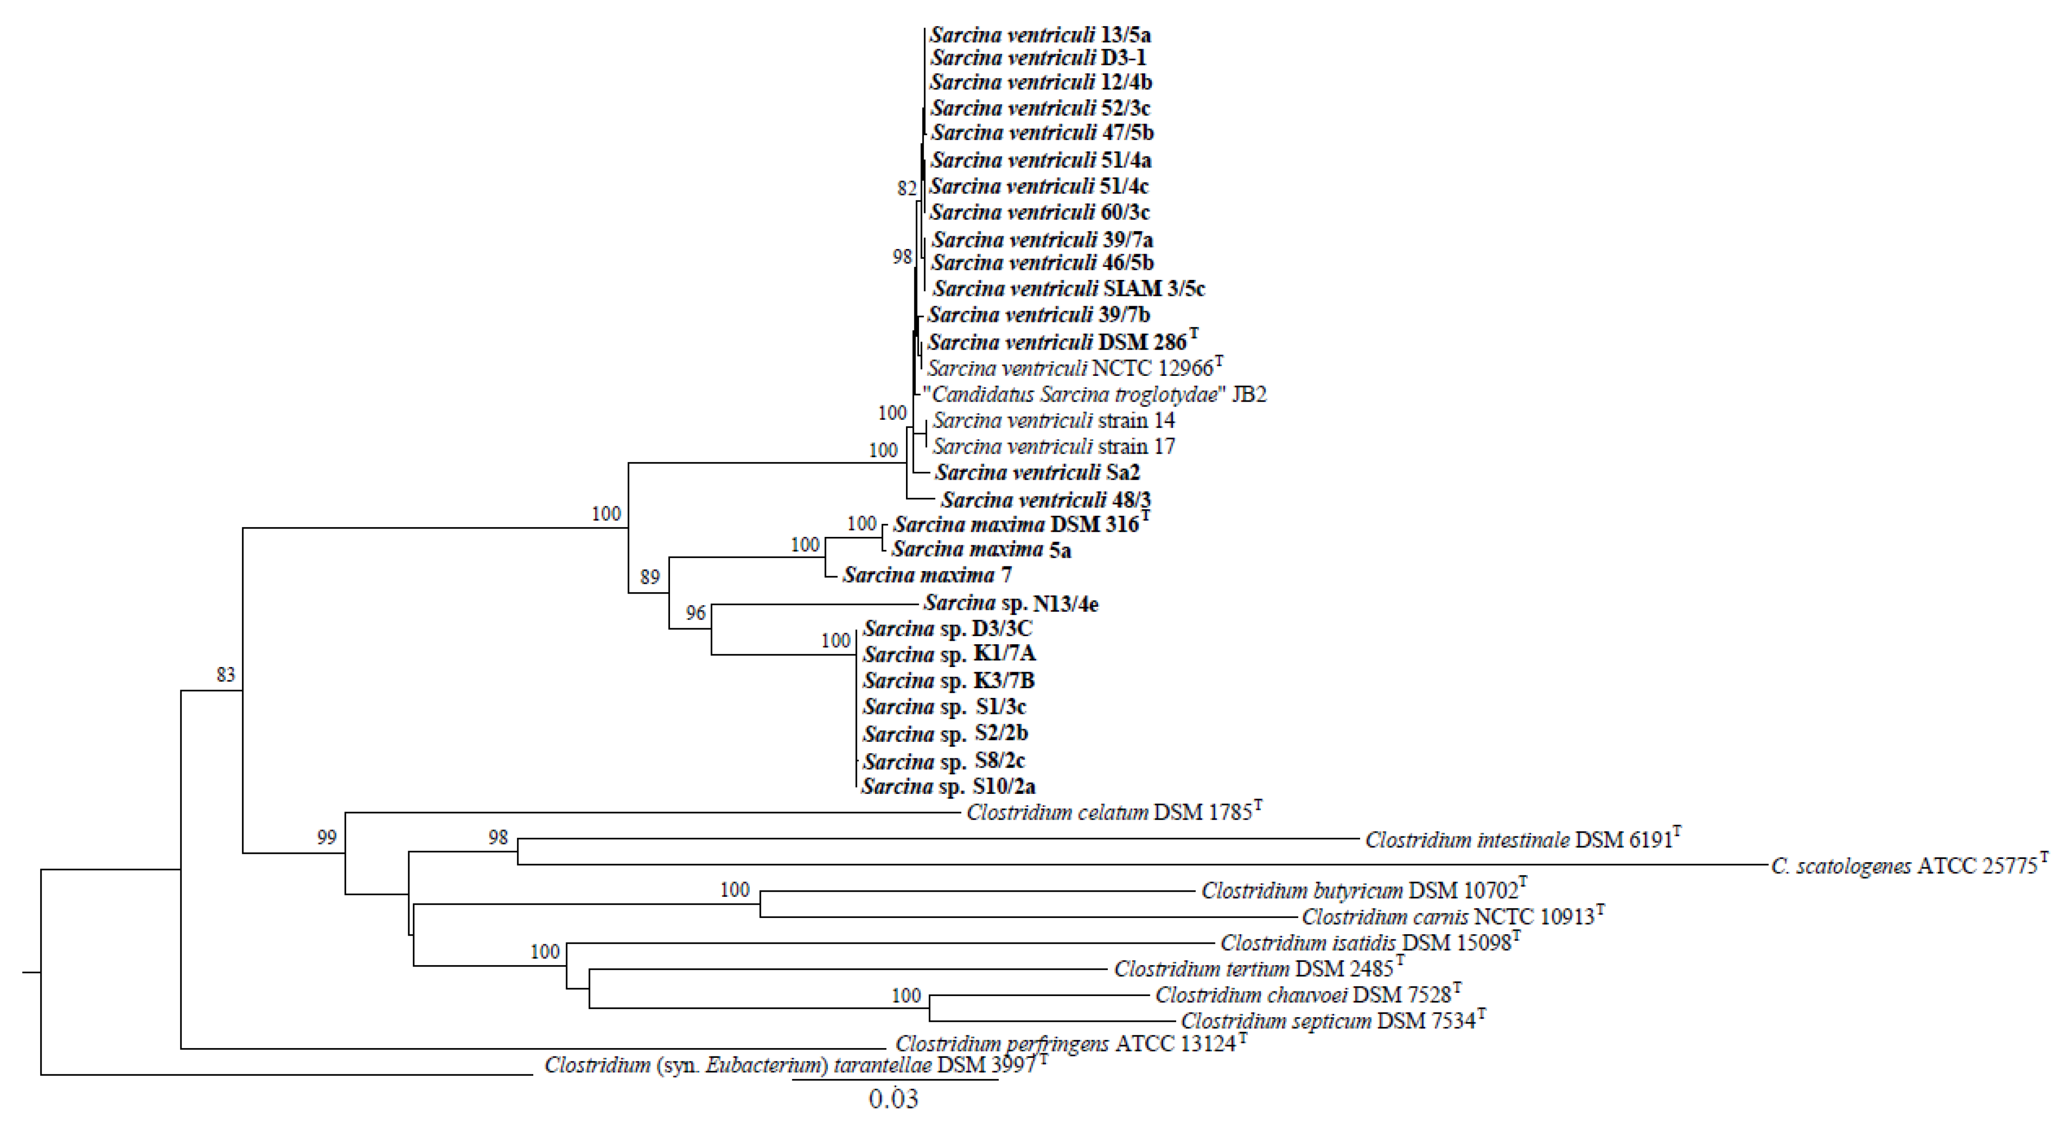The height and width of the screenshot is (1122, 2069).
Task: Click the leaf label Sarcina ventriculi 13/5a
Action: coord(1040,35)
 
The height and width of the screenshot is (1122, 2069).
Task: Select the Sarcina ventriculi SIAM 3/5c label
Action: coord(1068,288)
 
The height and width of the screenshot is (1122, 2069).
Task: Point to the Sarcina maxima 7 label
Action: coord(927,575)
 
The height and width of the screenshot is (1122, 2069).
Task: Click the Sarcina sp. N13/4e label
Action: coord(1010,603)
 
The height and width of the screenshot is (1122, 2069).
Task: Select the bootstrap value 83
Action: coord(226,675)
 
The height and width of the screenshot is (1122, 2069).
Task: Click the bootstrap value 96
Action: coord(696,614)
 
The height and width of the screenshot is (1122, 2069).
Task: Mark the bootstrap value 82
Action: coord(907,189)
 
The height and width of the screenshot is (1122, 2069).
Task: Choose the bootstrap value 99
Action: coord(326,838)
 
